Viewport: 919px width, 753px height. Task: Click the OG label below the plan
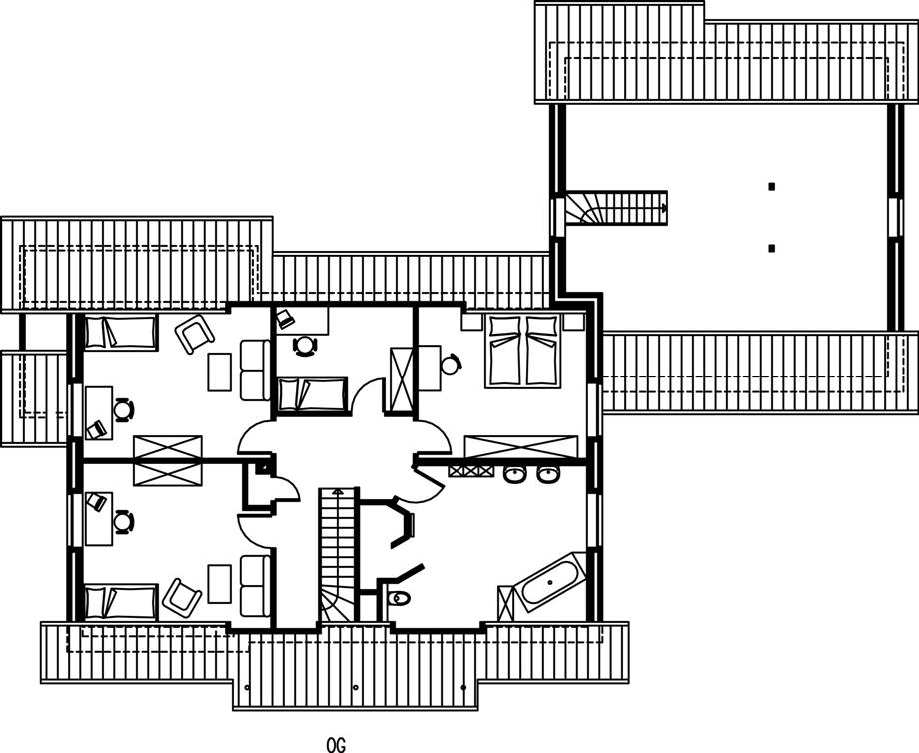coord(336,745)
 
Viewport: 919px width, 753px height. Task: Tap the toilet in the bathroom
coord(399,598)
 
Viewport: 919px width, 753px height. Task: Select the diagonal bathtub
coord(549,582)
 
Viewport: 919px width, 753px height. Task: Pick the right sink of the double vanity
coord(548,474)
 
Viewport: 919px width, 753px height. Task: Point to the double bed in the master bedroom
coord(523,351)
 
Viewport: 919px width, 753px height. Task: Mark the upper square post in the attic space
coord(772,187)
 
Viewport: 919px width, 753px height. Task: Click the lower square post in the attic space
coord(772,248)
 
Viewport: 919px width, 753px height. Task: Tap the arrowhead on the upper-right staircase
coord(664,208)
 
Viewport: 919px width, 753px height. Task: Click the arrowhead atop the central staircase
coord(337,491)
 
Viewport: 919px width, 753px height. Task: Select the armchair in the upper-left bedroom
coord(195,334)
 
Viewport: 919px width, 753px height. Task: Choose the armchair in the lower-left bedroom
coord(182,598)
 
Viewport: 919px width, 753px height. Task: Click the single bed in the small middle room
coord(312,394)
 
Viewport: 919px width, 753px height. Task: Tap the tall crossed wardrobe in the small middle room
coord(402,379)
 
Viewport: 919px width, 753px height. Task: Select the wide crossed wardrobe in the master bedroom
coord(521,447)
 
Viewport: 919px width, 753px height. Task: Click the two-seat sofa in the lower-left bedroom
coord(255,586)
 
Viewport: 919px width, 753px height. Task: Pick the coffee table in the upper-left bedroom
coord(219,372)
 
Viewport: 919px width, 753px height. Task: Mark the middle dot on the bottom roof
coord(356,687)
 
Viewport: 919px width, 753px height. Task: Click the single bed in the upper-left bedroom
coord(120,333)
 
